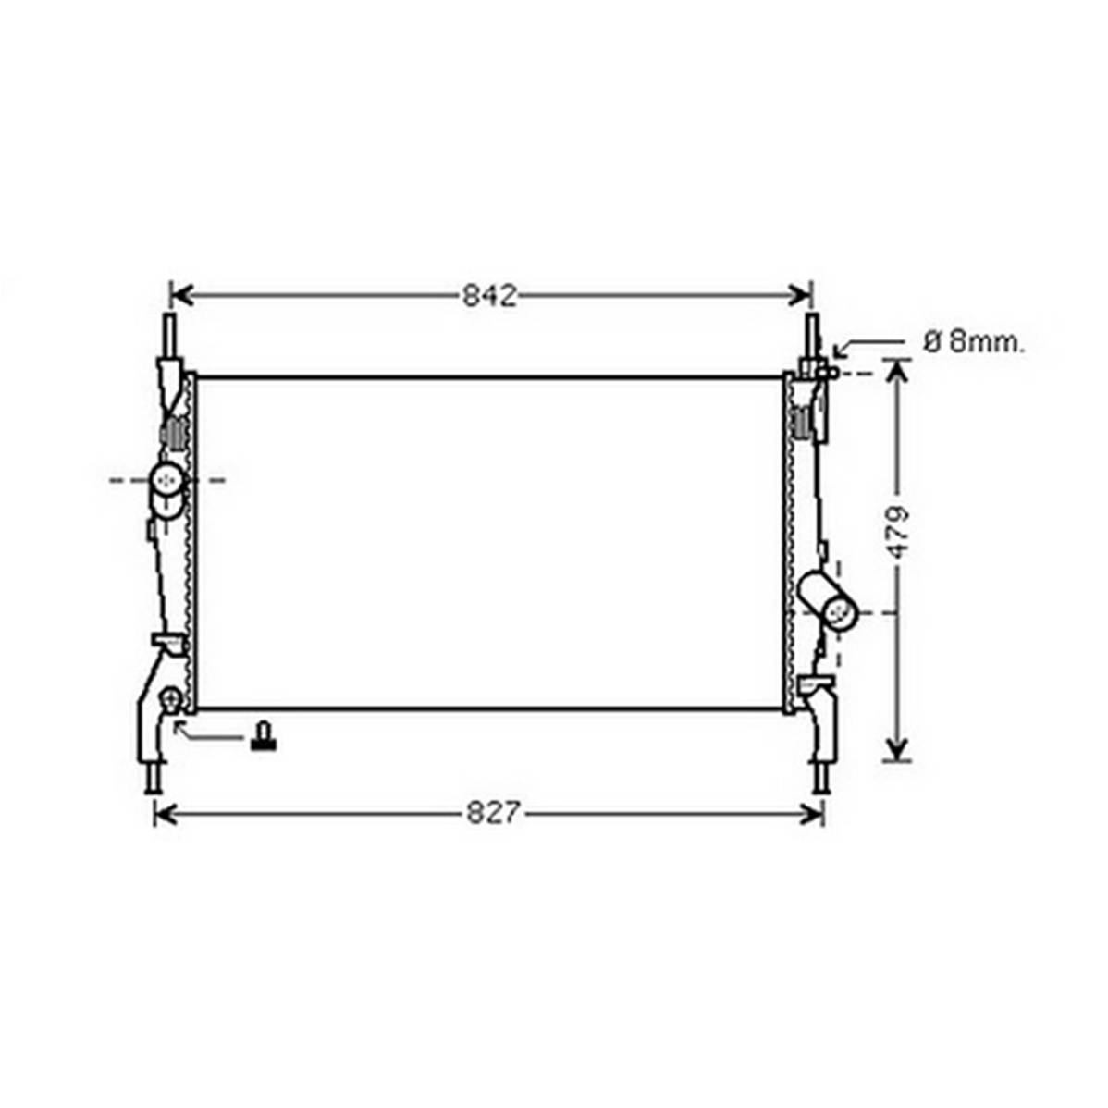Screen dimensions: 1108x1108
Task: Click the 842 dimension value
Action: pos(489,295)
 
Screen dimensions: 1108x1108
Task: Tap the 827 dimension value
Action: pos(493,813)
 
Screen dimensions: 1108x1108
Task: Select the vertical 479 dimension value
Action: pos(898,532)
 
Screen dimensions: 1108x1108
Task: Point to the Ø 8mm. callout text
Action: pos(973,343)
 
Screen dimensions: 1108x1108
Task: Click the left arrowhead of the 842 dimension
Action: pos(181,295)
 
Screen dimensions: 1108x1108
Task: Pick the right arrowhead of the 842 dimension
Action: pos(800,295)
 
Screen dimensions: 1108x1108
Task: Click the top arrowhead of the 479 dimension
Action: pos(897,372)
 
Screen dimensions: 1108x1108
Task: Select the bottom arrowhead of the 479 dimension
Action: pos(897,749)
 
